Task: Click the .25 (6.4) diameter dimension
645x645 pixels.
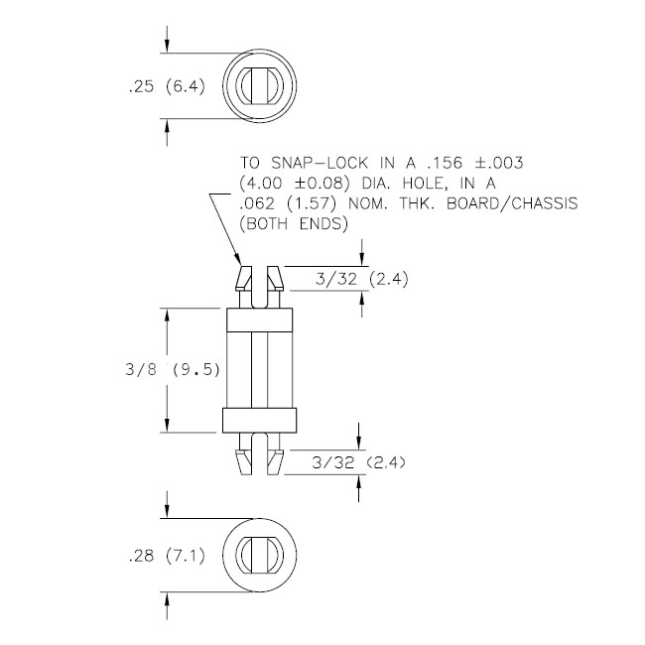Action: pos(166,86)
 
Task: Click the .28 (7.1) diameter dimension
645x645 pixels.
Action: pos(166,557)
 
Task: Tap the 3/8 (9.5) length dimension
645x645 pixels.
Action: pos(173,370)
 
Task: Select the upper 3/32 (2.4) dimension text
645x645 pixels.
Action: pos(361,279)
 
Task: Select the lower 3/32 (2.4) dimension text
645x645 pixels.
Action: pos(358,462)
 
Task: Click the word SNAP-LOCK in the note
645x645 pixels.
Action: pos(320,163)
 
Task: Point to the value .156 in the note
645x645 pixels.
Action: pos(445,163)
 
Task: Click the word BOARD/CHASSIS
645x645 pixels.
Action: pos(512,203)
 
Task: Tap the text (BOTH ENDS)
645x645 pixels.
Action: pos(294,224)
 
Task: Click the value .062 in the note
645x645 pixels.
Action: pos(257,203)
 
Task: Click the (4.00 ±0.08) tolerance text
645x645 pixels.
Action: pos(295,184)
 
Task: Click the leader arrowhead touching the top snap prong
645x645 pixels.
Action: pos(238,259)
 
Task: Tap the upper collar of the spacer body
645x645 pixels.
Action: pos(260,320)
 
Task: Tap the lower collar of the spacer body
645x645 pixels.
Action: pos(260,421)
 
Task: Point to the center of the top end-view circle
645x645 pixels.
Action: pos(260,86)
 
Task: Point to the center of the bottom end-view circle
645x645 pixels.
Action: pos(260,556)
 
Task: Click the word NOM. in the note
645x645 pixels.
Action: pos(368,203)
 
